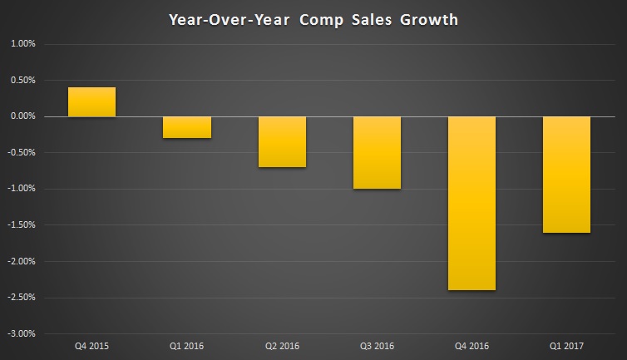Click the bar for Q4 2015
pos(91,102)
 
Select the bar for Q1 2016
pos(187,127)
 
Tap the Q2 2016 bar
pos(282,141)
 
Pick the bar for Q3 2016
pos(378,152)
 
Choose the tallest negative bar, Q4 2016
pos(472,203)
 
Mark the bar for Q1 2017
pos(567,175)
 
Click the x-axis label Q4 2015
pos(91,344)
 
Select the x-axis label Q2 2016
pos(282,344)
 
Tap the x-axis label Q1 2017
pos(567,344)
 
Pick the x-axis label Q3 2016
pos(378,344)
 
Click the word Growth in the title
pos(423,18)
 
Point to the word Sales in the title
pos(365,18)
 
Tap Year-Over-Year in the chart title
pos(226,18)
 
